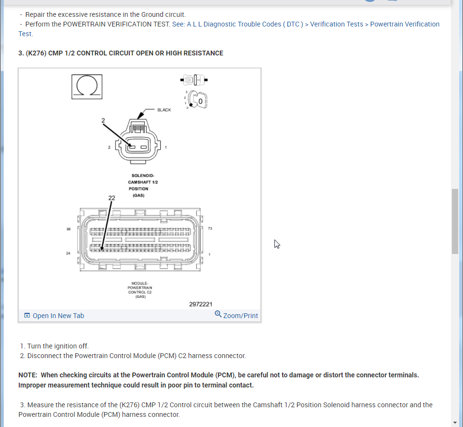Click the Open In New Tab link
point(54,316)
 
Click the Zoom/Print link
point(236,316)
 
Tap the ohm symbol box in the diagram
point(87,86)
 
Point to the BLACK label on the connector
point(164,110)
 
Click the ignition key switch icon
point(197,99)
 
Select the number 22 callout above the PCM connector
point(111,198)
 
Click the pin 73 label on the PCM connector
point(210,228)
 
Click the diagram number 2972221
point(201,304)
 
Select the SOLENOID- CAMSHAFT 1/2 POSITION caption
point(143,186)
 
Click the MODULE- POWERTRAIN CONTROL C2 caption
point(140,290)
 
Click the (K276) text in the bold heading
point(36,53)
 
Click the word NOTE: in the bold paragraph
point(28,375)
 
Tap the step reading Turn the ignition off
point(58,346)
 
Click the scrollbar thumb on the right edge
point(455,221)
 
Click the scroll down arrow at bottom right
point(455,423)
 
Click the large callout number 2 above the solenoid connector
point(103,120)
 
